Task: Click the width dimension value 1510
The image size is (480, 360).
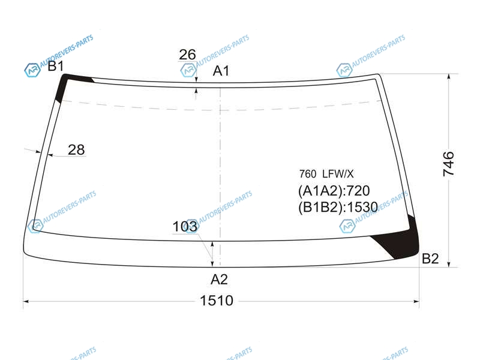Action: [217, 301]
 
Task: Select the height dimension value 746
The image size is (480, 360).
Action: [448, 164]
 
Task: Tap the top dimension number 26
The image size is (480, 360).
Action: [187, 55]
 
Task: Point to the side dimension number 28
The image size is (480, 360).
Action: [76, 149]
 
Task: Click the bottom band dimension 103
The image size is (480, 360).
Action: [185, 227]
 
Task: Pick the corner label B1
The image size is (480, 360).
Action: [56, 66]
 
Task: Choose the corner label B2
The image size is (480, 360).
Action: [430, 259]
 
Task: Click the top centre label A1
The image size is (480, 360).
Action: [221, 71]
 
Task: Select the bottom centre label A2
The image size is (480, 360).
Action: [219, 280]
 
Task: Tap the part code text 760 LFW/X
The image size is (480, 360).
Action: [326, 174]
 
